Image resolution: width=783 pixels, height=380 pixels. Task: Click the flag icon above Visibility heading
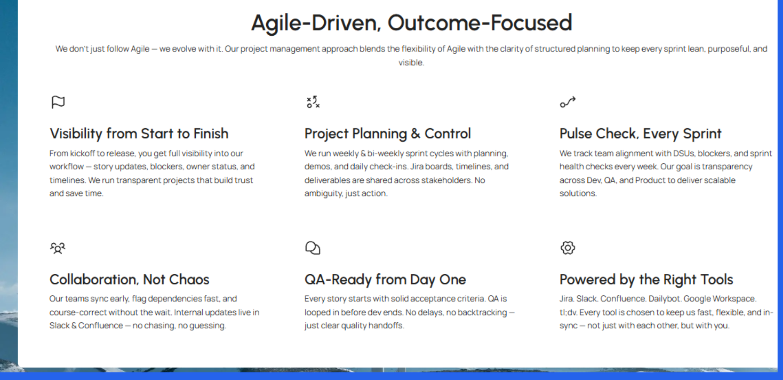pos(58,102)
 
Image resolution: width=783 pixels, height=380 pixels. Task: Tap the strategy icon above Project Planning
pos(313,102)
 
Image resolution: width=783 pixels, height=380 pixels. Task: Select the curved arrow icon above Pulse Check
pos(567,102)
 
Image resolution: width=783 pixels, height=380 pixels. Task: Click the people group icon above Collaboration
pos(58,248)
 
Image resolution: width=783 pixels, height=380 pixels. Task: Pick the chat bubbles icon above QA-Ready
pos(312,248)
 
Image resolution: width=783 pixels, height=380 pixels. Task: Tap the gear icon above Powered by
pos(567,248)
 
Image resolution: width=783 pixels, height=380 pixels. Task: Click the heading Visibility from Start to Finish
pos(139,134)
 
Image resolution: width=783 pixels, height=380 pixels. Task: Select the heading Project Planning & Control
pos(387,134)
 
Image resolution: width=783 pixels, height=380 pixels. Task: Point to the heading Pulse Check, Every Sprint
pos(640,134)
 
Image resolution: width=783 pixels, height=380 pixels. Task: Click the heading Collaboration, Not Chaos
pos(129,280)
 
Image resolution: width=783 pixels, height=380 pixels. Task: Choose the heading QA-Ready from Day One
pos(385,280)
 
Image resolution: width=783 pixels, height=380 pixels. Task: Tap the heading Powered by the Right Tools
pos(646,280)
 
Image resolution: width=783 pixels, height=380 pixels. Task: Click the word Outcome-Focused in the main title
pos(479,22)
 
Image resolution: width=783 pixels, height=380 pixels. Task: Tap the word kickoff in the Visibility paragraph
pos(82,154)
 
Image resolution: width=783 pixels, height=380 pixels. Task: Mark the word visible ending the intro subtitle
pos(411,62)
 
